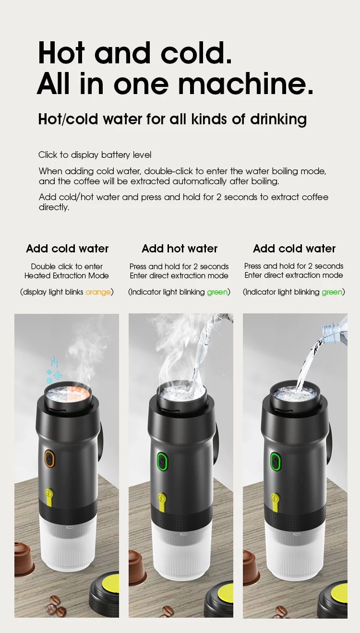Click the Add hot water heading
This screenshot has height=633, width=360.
click(180, 249)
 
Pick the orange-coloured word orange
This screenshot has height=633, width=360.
click(98, 292)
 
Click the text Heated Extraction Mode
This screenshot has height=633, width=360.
click(67, 275)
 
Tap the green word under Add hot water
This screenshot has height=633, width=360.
click(217, 292)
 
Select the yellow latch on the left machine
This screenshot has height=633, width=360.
click(49, 495)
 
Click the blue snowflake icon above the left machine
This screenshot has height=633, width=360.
click(54, 375)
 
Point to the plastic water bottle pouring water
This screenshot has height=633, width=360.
click(335, 327)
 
